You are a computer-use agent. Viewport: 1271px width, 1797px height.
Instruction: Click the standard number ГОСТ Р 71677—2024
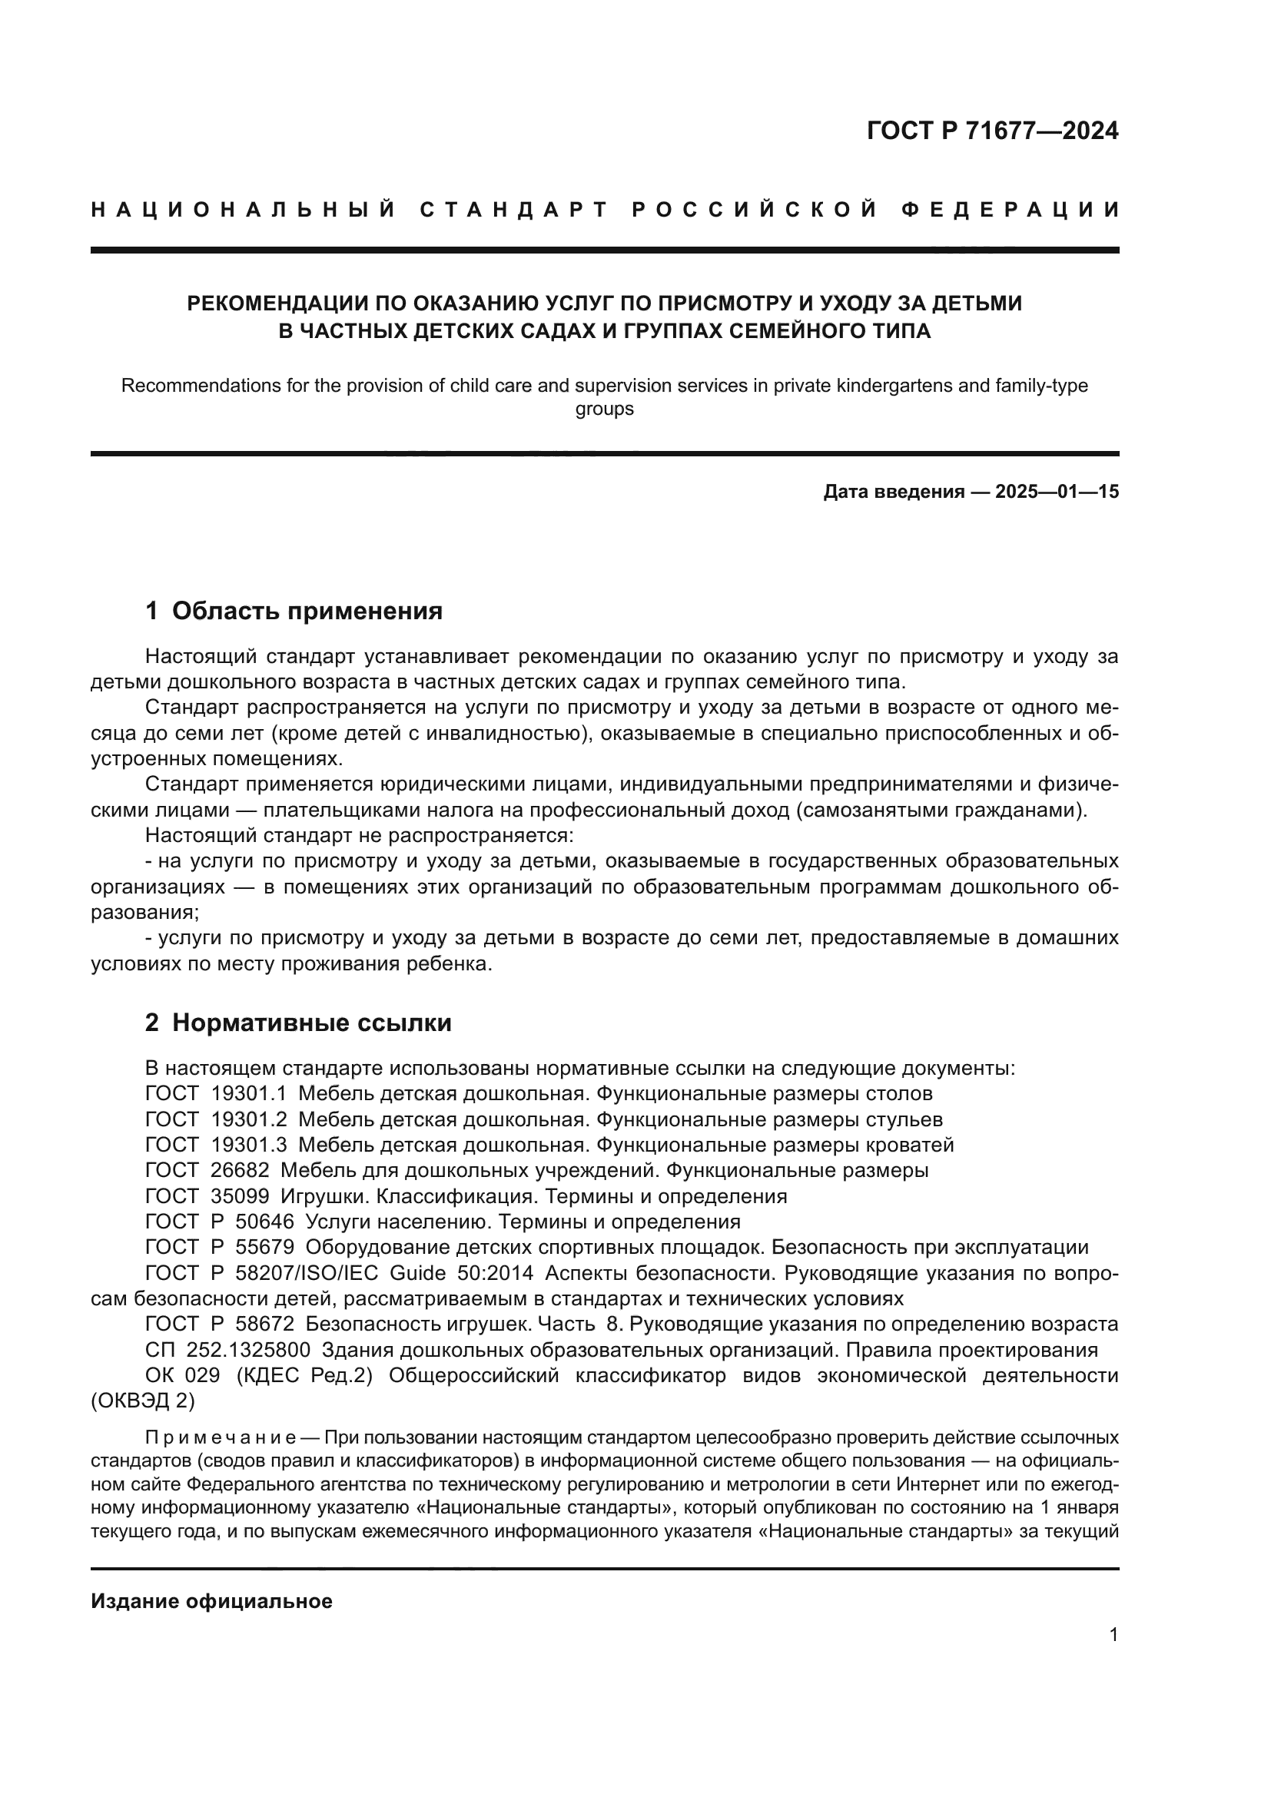coord(992,131)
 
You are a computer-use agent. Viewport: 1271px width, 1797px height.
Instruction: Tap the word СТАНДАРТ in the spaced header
coord(513,210)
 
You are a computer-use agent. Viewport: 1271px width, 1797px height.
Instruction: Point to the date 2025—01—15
coord(1057,492)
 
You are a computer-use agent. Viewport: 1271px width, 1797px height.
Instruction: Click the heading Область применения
coord(307,611)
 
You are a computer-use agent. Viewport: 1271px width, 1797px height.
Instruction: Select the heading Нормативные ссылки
coord(311,1022)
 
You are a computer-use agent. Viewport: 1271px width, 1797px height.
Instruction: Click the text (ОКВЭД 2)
coord(142,1401)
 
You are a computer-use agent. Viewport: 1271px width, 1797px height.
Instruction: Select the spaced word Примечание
coord(220,1437)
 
